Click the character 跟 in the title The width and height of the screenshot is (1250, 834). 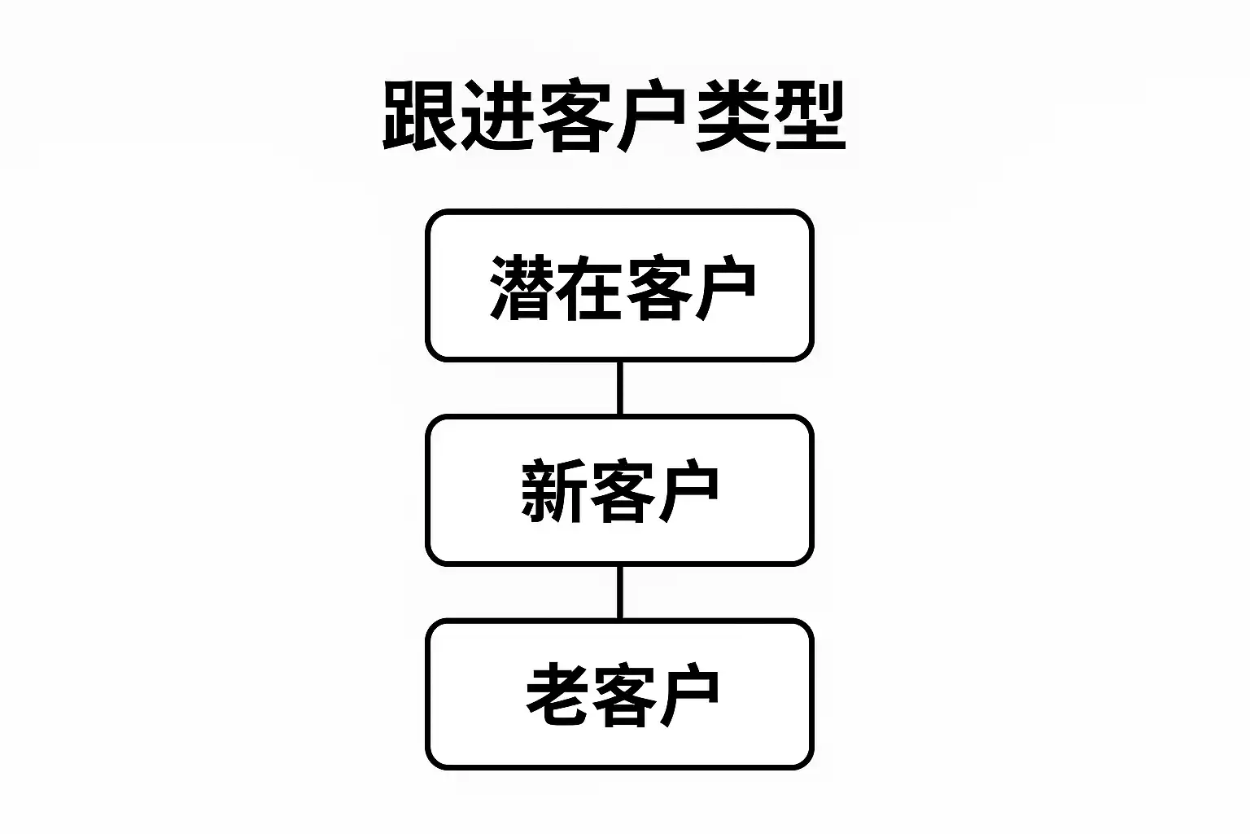point(420,116)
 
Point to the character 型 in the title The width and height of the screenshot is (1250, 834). point(809,116)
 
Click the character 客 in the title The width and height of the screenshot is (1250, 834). point(576,116)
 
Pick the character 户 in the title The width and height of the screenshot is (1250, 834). point(653,116)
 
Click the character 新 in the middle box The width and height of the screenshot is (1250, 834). point(553,491)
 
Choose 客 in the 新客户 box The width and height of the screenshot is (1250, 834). point(620,491)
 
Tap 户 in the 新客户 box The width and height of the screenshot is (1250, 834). point(687,491)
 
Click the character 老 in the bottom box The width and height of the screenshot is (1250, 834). point(557,696)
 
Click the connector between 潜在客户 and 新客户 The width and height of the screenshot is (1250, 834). point(620,388)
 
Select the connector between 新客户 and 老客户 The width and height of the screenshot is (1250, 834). point(620,593)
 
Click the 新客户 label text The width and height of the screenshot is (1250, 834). point(620,491)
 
